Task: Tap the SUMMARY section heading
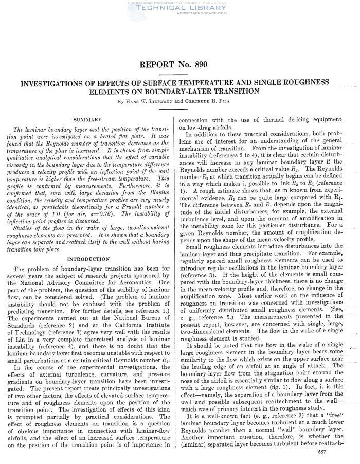point(89,119)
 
